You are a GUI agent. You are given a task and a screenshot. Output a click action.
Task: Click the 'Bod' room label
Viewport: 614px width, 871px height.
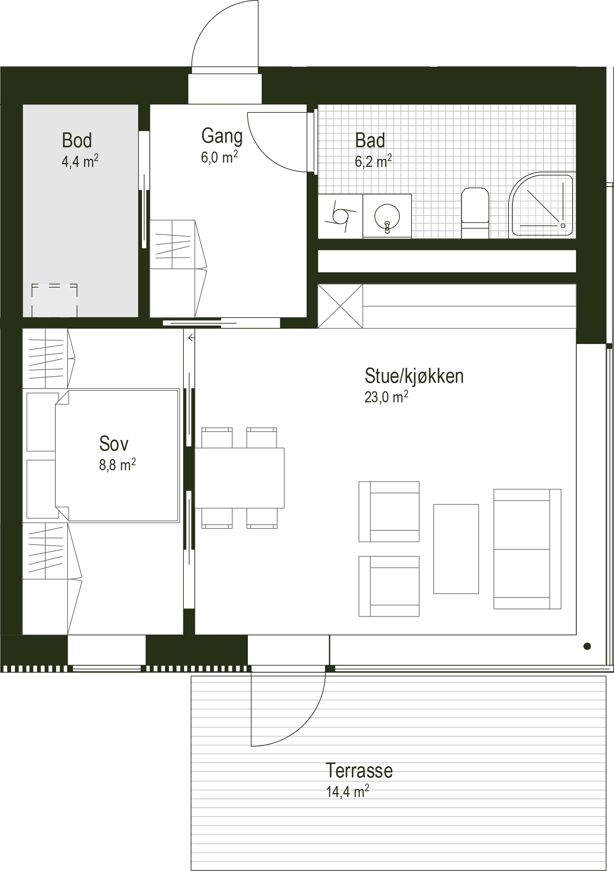coord(77,140)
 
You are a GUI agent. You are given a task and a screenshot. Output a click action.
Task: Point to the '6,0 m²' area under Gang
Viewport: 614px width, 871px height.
coord(219,156)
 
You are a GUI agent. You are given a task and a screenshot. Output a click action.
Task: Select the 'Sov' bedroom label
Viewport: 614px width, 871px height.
coord(114,443)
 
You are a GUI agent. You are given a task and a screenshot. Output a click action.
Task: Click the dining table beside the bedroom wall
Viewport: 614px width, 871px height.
coord(239,477)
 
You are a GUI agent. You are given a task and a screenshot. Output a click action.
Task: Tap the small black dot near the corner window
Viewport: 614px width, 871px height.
coord(587,647)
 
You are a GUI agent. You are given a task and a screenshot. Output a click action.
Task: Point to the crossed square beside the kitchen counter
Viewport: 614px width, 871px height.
coord(340,306)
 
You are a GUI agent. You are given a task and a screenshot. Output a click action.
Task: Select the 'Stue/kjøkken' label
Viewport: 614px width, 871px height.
coord(414,376)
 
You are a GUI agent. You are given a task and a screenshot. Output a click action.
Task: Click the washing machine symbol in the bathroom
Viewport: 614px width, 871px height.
coord(340,216)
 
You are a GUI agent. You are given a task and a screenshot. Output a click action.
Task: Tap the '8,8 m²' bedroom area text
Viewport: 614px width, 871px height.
coord(117,464)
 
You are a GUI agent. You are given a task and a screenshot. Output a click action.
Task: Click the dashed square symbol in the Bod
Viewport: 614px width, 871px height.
coord(54,300)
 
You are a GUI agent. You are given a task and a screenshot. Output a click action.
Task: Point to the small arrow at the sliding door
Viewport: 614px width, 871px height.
coord(191,338)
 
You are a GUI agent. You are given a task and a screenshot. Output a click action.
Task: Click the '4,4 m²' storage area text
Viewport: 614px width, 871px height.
coord(80,161)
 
